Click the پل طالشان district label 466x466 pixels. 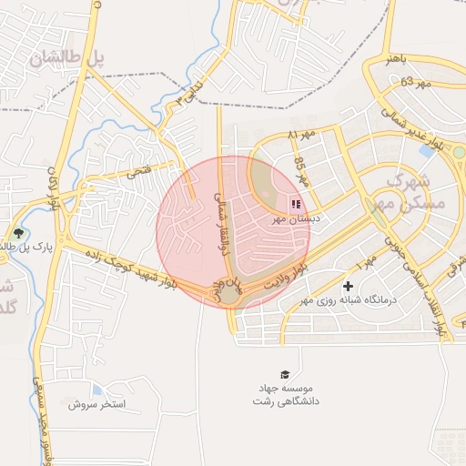pos(68,58)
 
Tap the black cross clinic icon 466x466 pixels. pos(348,287)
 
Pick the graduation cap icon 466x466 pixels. pos(286,374)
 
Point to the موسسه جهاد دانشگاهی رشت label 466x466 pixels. pos(286,395)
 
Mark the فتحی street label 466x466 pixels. pos(139,169)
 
